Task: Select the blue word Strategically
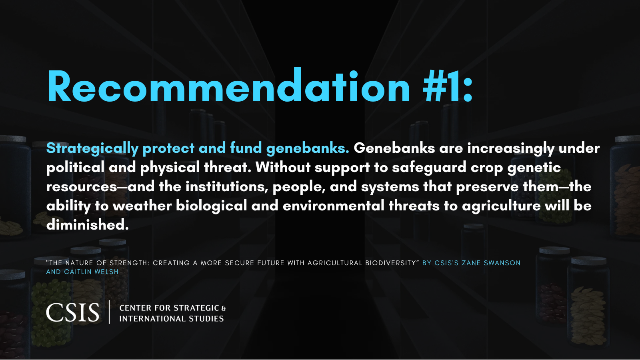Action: tap(92, 148)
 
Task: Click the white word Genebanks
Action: tap(394, 148)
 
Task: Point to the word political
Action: tap(76, 168)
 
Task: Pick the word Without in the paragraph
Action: tap(283, 167)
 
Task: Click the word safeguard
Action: tap(429, 168)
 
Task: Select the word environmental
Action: tap(334, 206)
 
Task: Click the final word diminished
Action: tap(88, 224)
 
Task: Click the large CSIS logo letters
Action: tap(72, 312)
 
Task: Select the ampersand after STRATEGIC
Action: tap(224, 308)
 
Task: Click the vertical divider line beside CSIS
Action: tap(110, 312)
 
